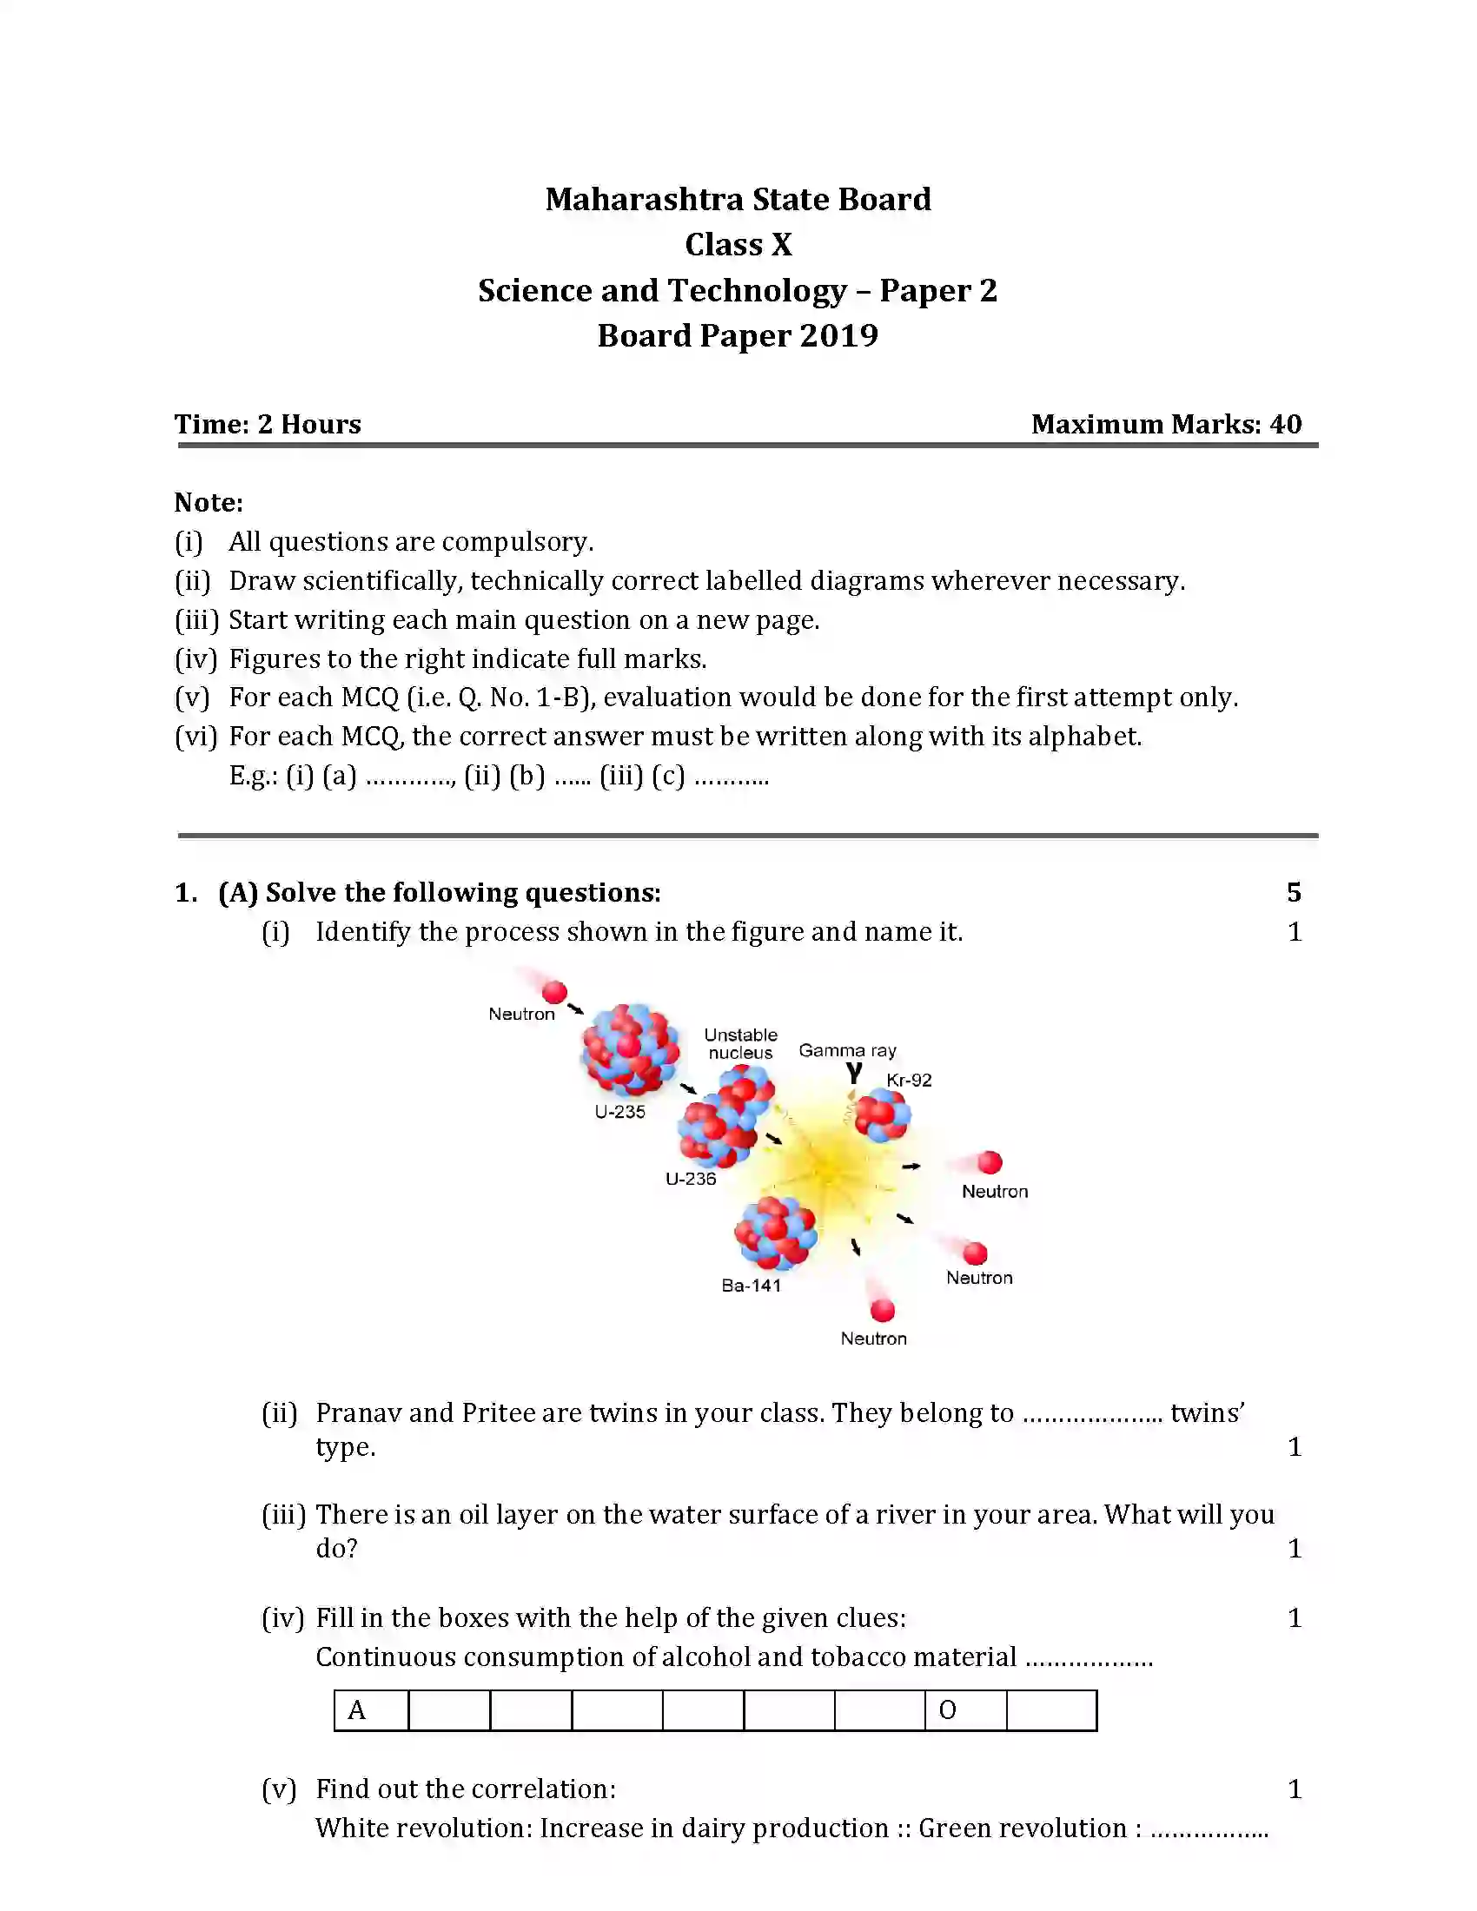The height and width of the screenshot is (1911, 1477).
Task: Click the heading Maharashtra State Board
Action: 738,200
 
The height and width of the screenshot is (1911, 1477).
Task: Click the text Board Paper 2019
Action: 738,335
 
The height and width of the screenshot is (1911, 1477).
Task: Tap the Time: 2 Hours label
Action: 268,425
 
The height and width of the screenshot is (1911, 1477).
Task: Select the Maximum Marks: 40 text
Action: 1165,425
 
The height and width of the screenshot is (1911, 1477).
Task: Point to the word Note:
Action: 209,502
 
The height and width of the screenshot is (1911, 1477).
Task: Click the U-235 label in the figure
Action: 619,1111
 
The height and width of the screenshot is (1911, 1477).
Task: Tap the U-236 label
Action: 691,1179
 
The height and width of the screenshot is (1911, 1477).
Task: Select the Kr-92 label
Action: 909,1080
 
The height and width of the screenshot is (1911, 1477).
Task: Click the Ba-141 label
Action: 751,1286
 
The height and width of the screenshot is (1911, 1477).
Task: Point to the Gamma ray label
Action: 847,1050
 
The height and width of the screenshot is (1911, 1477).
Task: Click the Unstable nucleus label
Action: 740,1044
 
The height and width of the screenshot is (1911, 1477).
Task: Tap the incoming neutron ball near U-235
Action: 554,992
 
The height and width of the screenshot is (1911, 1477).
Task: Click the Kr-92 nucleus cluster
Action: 882,1115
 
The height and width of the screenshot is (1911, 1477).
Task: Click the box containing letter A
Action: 371,1710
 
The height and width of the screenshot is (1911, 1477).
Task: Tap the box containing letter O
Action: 965,1710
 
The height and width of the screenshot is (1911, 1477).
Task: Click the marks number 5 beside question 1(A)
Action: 1294,892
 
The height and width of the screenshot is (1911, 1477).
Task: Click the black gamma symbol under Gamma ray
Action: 854,1073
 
